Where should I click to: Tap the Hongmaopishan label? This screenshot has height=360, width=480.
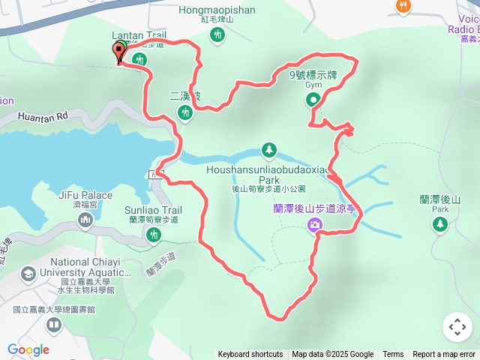click(217, 10)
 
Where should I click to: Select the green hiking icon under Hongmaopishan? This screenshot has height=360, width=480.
click(217, 34)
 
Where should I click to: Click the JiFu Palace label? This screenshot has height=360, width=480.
click(84, 195)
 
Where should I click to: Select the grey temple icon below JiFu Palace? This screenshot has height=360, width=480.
click(84, 220)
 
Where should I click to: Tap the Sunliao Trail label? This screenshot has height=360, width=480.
click(154, 211)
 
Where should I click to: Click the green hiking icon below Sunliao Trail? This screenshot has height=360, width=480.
click(154, 236)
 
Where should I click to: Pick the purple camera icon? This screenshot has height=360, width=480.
click(314, 224)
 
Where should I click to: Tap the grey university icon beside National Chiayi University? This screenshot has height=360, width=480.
click(29, 273)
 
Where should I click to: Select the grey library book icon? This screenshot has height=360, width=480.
click(53, 325)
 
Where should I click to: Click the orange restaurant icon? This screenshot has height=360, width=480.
click(403, 7)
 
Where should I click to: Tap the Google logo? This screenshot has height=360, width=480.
click(28, 349)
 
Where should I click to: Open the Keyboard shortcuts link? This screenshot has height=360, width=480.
click(250, 355)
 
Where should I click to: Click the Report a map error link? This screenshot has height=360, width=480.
click(444, 355)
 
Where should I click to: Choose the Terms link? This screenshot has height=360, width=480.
click(393, 355)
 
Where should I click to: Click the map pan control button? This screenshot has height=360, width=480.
click(457, 327)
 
